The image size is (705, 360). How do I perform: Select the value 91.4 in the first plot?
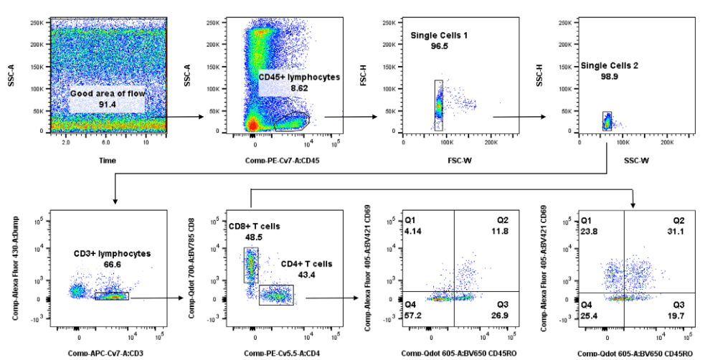pyautogui.click(x=107, y=104)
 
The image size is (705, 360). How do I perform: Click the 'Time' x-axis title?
pyautogui.click(x=107, y=161)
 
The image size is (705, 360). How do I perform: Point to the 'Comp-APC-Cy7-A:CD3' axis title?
pyautogui.click(x=103, y=352)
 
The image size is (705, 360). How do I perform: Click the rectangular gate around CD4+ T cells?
pyautogui.click(x=276, y=295)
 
